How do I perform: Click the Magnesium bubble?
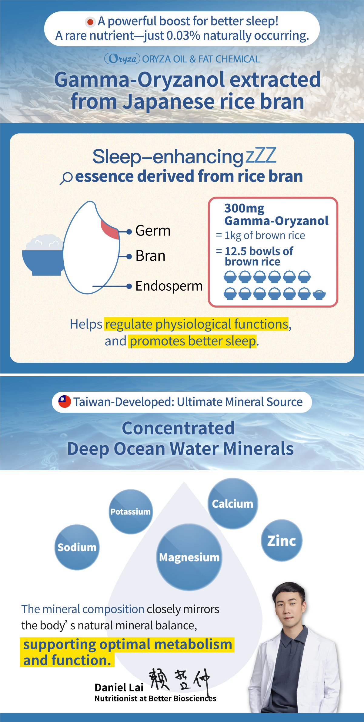click(x=189, y=557)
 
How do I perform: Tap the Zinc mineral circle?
click(x=282, y=540)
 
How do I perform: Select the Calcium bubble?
click(x=232, y=503)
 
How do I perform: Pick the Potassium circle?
click(x=131, y=512)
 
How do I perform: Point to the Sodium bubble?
click(x=77, y=547)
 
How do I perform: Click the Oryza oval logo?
click(x=122, y=59)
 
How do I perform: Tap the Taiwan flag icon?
click(x=65, y=402)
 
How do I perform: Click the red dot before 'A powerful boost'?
click(x=90, y=22)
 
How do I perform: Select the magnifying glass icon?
click(x=66, y=178)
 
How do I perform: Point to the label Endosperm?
click(x=169, y=286)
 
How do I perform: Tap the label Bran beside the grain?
click(x=150, y=256)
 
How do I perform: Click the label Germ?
click(x=153, y=231)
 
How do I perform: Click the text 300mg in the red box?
click(x=244, y=208)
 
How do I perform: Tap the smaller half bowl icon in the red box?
click(x=319, y=295)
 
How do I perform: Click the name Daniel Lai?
click(x=119, y=688)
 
